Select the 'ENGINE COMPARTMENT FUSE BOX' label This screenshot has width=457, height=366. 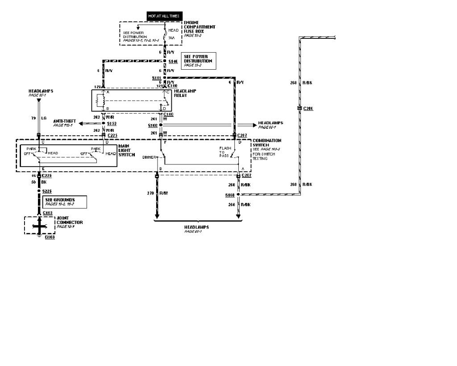click(199, 28)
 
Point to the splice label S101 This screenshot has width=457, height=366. click(156, 78)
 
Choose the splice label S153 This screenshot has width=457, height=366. click(112, 123)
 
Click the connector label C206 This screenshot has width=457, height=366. click(308, 109)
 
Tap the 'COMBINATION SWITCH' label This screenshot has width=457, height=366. click(267, 143)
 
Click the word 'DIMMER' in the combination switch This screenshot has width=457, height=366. click(149, 157)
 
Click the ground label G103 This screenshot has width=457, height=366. click(50, 237)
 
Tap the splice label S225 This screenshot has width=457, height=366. click(47, 191)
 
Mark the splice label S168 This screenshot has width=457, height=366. click(230, 195)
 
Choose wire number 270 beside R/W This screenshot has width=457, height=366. click(150, 193)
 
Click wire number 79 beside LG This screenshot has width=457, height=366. click(33, 118)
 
